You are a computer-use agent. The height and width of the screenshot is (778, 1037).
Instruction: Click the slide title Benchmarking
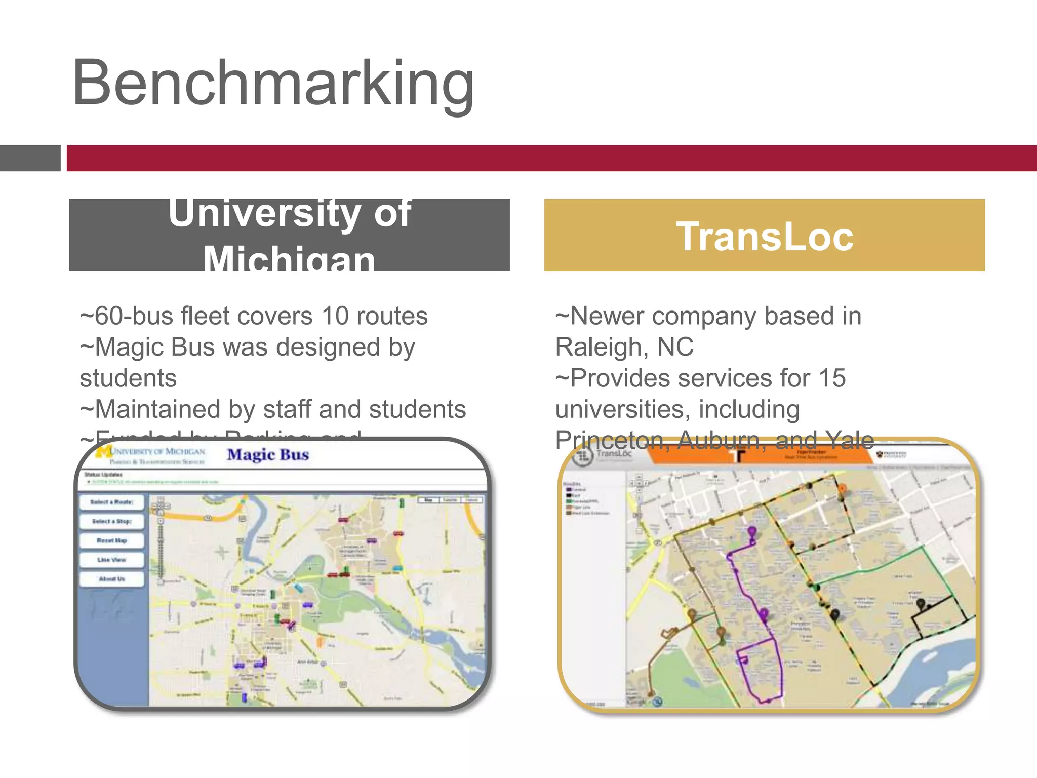click(x=273, y=84)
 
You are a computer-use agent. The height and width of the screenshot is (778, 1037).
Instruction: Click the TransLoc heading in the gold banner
click(x=765, y=237)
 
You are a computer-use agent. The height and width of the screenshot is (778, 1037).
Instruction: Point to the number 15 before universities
click(x=832, y=378)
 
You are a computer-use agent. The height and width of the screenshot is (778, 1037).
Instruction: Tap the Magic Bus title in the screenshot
click(x=268, y=455)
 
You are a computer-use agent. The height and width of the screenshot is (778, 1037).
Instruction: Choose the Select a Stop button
click(x=111, y=521)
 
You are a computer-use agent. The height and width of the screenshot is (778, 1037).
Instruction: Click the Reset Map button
click(x=111, y=540)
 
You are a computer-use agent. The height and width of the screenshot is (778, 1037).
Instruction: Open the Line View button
click(x=111, y=560)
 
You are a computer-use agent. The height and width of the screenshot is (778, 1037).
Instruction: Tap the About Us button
click(x=111, y=579)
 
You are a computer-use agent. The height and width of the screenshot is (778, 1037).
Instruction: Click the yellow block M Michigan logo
click(x=104, y=451)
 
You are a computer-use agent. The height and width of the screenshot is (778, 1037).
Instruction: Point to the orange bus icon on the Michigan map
click(x=320, y=642)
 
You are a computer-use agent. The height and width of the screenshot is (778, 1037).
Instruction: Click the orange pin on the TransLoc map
click(x=842, y=489)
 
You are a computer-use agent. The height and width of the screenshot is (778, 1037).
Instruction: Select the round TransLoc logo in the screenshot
click(x=583, y=455)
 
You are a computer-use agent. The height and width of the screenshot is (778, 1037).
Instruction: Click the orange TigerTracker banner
click(x=760, y=454)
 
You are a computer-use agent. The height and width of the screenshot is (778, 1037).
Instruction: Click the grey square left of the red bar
click(x=30, y=158)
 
